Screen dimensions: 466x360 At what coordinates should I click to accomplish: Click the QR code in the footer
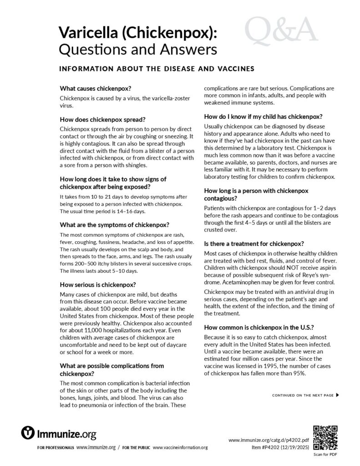click(325, 436)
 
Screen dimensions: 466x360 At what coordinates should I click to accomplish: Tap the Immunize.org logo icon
click(29, 432)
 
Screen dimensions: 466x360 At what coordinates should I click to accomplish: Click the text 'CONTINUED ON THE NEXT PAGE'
click(303, 395)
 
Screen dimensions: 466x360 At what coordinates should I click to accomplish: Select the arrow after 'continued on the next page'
click(337, 395)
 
